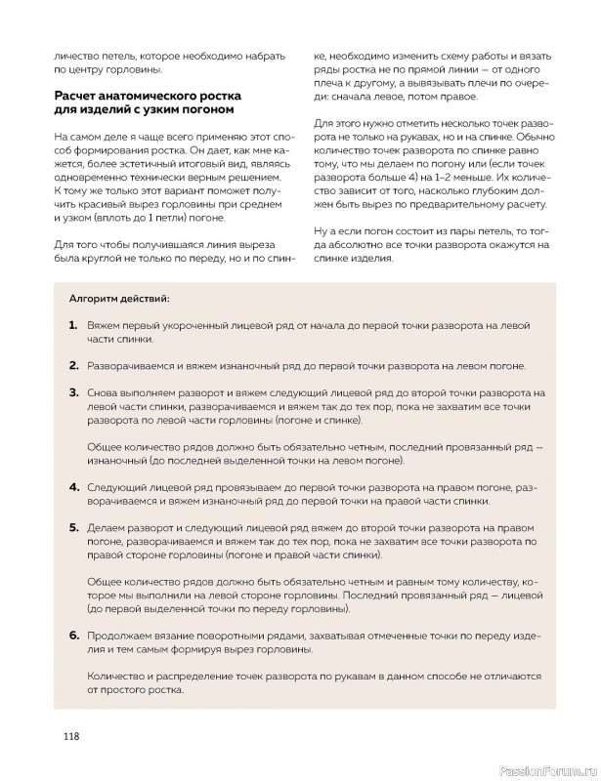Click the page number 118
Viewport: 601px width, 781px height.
pyautogui.click(x=65, y=736)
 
